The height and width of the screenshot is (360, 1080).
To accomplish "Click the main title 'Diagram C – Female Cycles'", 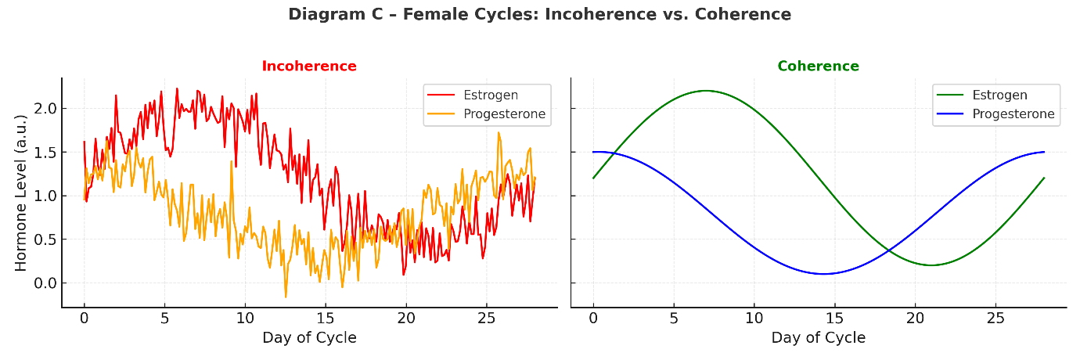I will coord(539,14).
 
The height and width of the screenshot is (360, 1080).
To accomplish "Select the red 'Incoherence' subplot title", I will coord(309,67).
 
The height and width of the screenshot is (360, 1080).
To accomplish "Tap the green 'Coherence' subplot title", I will coord(818,67).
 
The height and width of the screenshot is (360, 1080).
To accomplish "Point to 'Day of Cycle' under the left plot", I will coord(309,338).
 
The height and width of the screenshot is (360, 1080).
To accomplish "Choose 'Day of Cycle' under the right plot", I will coord(818,338).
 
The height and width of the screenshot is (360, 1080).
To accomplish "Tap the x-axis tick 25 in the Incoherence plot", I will coord(486,319).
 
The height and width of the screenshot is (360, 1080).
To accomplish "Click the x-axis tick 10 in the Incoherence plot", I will coord(245,319).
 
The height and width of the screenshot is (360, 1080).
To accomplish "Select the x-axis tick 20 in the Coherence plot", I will coord(915,319).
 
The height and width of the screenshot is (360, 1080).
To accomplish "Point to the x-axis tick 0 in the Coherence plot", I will coord(593,319).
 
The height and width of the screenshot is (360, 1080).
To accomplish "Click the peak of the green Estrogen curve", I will coord(706,91).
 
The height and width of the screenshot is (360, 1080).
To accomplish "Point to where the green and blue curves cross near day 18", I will coord(889,250).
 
